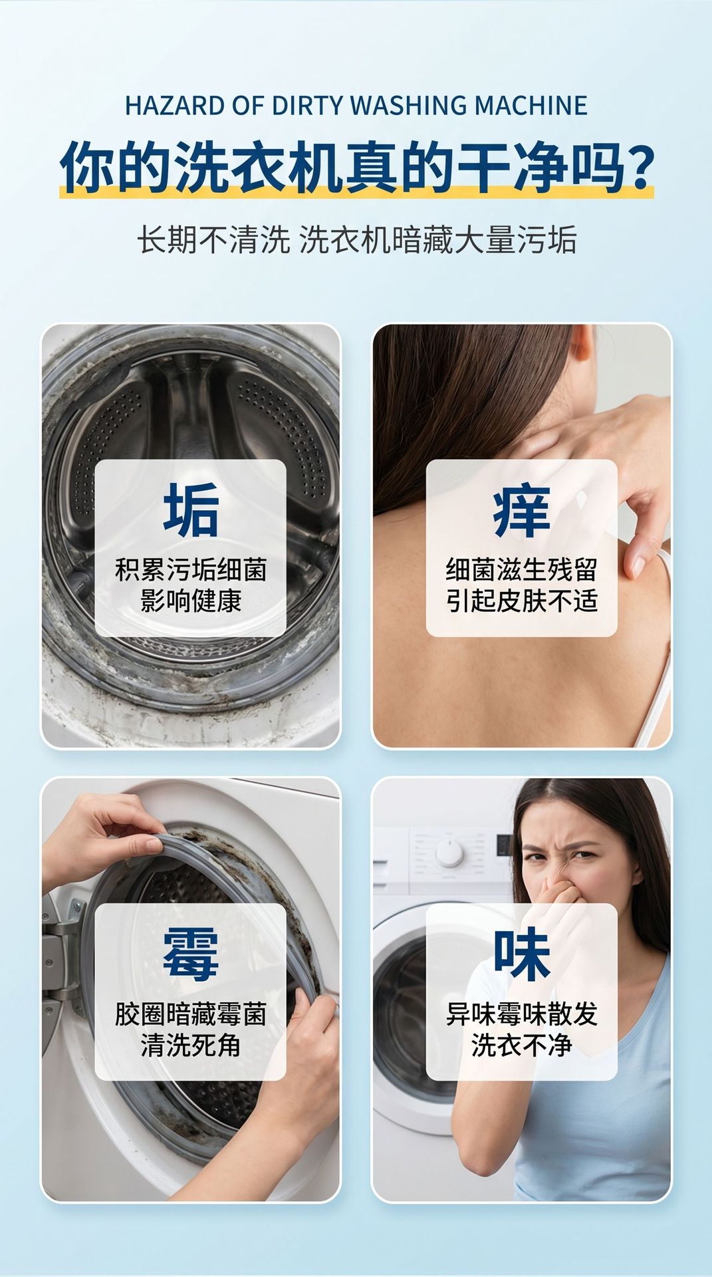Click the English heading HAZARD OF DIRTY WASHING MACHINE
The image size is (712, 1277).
tap(356, 106)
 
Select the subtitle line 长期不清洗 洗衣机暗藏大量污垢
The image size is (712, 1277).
tap(356, 240)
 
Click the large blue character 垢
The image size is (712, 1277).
tap(191, 510)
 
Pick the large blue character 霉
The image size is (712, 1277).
tap(191, 954)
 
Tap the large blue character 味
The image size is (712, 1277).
tap(522, 954)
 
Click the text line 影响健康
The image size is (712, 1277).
tap(191, 600)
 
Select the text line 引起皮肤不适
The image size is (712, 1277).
tap(522, 600)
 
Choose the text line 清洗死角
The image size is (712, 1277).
tap(191, 1045)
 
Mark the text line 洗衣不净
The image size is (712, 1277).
tap(522, 1045)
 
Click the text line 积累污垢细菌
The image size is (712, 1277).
tap(191, 570)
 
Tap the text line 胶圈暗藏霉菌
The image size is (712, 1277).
tap(191, 1014)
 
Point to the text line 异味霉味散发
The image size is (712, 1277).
tap(522, 1014)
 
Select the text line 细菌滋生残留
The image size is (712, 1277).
tap(522, 570)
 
